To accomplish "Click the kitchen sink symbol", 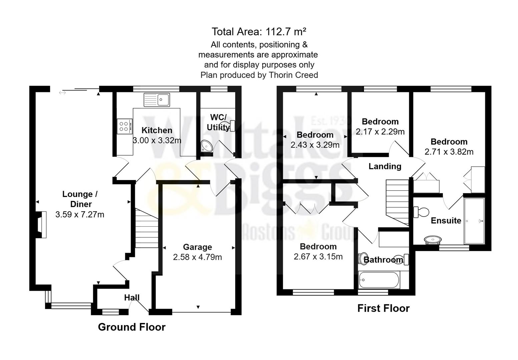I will coord(157,100).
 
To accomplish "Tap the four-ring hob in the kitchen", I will coord(124,127).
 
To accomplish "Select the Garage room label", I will coord(197,247).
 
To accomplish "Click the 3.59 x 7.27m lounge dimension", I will coord(80,215).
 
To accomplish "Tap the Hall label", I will coord(132,298).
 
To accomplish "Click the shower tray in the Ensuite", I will coord(474,221).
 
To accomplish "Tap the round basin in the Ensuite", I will coord(433,240).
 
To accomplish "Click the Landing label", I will coord(385,166).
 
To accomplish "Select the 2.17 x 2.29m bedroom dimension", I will coord(380,132).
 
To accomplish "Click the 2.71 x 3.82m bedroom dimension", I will coord(449,152).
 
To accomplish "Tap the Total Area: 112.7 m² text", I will coord(259,32).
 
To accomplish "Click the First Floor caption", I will coord(383,308).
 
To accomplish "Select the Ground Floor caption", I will coord(131,327).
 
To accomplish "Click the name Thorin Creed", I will coord(293,75).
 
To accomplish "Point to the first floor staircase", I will coord(397,202).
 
